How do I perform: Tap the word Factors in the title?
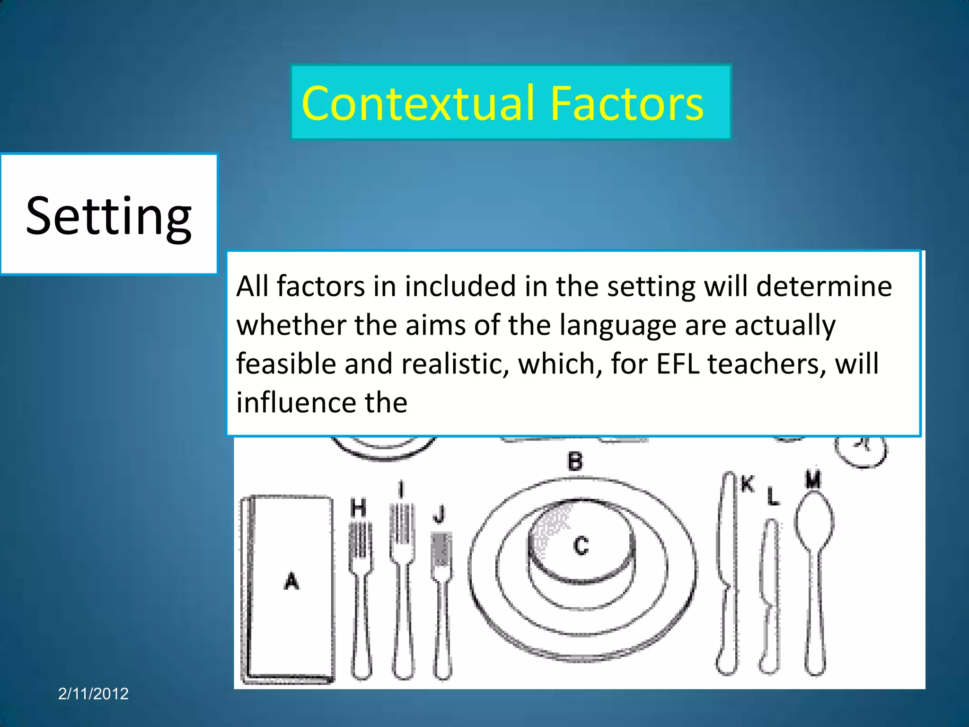tap(627, 104)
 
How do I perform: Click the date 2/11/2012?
tap(93, 693)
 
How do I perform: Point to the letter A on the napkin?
tap(291, 581)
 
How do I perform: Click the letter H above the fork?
tap(358, 508)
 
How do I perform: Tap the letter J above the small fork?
tap(440, 514)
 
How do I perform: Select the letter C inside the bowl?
tap(581, 545)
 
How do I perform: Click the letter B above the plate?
tap(575, 461)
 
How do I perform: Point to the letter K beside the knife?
tap(747, 484)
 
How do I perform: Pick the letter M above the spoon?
tap(813, 479)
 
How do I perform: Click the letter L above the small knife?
tap(773, 497)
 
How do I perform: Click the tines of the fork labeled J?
tap(441, 549)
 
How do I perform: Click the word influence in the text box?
tap(296, 402)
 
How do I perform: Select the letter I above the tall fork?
tap(401, 489)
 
